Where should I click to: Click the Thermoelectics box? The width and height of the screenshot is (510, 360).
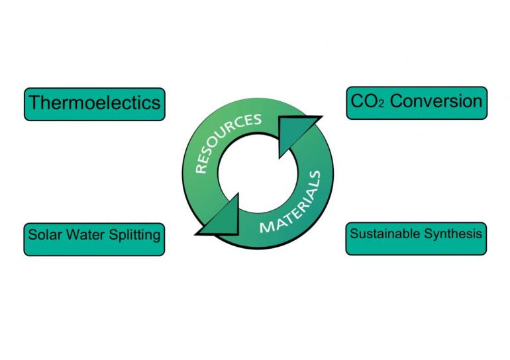tap(95, 104)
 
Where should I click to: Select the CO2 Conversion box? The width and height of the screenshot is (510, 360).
tap(417, 103)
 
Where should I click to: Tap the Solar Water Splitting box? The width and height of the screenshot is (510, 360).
tap(94, 239)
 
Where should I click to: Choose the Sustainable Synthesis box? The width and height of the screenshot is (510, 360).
tap(416, 238)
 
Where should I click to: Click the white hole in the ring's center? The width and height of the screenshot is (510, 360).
tap(258, 173)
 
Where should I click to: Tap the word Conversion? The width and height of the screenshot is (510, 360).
tap(436, 101)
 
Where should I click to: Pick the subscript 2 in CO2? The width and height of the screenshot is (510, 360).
tap(382, 105)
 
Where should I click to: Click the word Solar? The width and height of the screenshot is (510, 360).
tap(40, 234)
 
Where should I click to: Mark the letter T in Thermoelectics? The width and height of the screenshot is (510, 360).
tap(35, 103)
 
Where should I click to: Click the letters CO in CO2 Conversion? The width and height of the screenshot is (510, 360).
tap(364, 101)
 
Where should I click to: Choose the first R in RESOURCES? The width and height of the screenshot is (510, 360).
tap(201, 168)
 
